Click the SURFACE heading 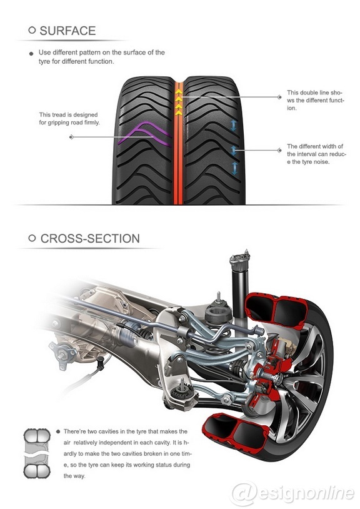[x=67, y=31]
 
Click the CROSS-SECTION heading [x=90, y=239]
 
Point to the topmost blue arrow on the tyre [x=235, y=126]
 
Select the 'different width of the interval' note [x=315, y=154]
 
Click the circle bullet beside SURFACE [x=32, y=31]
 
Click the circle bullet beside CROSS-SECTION [x=32, y=239]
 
